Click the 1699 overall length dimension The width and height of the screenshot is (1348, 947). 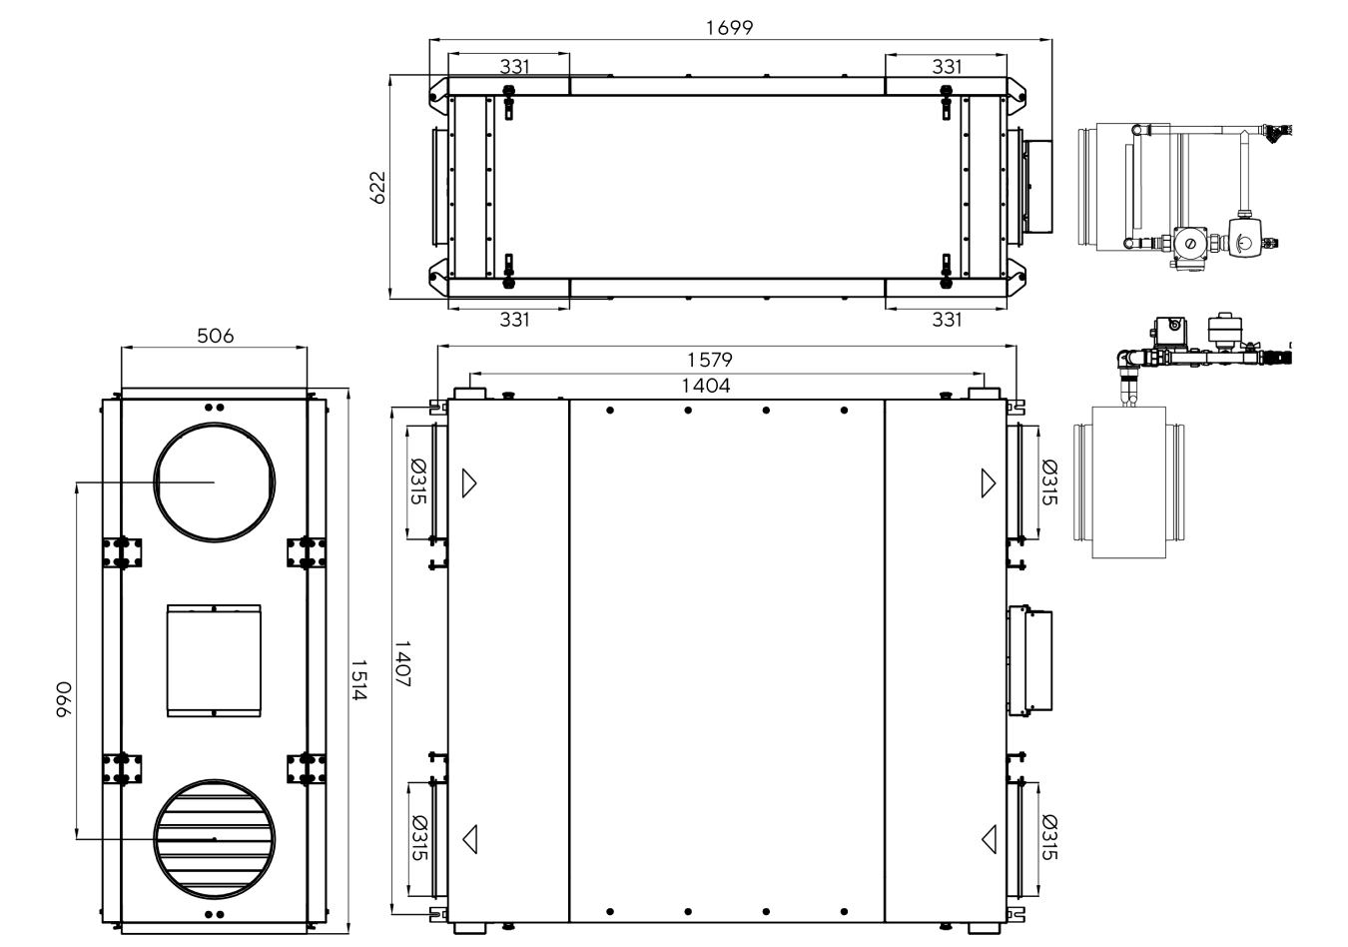729,28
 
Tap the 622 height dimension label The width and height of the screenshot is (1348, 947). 377,188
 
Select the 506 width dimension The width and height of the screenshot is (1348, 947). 215,336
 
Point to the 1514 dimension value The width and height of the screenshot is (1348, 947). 358,679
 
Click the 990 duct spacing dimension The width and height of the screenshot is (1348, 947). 64,699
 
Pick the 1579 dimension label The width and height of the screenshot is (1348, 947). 710,360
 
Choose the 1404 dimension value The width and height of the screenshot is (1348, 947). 706,386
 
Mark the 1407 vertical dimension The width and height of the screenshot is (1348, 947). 402,663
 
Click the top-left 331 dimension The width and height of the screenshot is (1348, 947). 514,66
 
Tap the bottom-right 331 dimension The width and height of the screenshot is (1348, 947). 947,319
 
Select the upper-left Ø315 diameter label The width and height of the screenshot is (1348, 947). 418,481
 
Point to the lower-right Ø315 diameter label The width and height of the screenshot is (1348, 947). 1048,837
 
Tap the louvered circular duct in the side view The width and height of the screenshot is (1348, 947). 215,839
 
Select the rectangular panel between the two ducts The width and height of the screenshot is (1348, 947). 215,660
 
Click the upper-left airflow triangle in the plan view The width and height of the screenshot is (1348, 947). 469,482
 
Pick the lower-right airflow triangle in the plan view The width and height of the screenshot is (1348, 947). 989,839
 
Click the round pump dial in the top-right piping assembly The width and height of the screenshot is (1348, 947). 1190,244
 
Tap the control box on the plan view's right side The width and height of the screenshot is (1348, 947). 1030,660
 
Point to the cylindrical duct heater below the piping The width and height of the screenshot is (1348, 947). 1129,482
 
